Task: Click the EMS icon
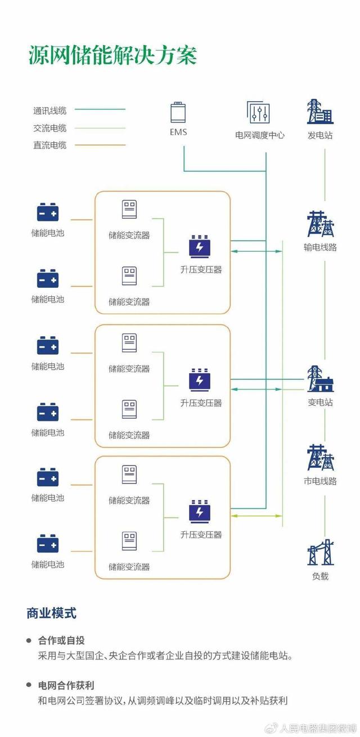[x=178, y=112]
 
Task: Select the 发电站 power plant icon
[x=320, y=111]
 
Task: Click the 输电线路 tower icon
[x=320, y=224]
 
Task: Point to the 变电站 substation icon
[x=320, y=379]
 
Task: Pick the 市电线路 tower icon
[x=320, y=458]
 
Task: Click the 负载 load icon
[x=320, y=552]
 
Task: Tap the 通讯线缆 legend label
[x=49, y=111]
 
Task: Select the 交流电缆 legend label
[x=49, y=128]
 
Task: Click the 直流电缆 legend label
[x=49, y=145]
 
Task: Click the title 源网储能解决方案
[x=112, y=56]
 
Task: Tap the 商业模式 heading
[x=51, y=613]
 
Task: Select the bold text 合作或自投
[x=61, y=640]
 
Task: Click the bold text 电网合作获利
[x=66, y=685]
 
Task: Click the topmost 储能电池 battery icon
[x=48, y=212]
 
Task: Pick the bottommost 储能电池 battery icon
[x=48, y=544]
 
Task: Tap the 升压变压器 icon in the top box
[x=199, y=247]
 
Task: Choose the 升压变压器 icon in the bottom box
[x=199, y=512]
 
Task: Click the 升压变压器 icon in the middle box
[x=199, y=380]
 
